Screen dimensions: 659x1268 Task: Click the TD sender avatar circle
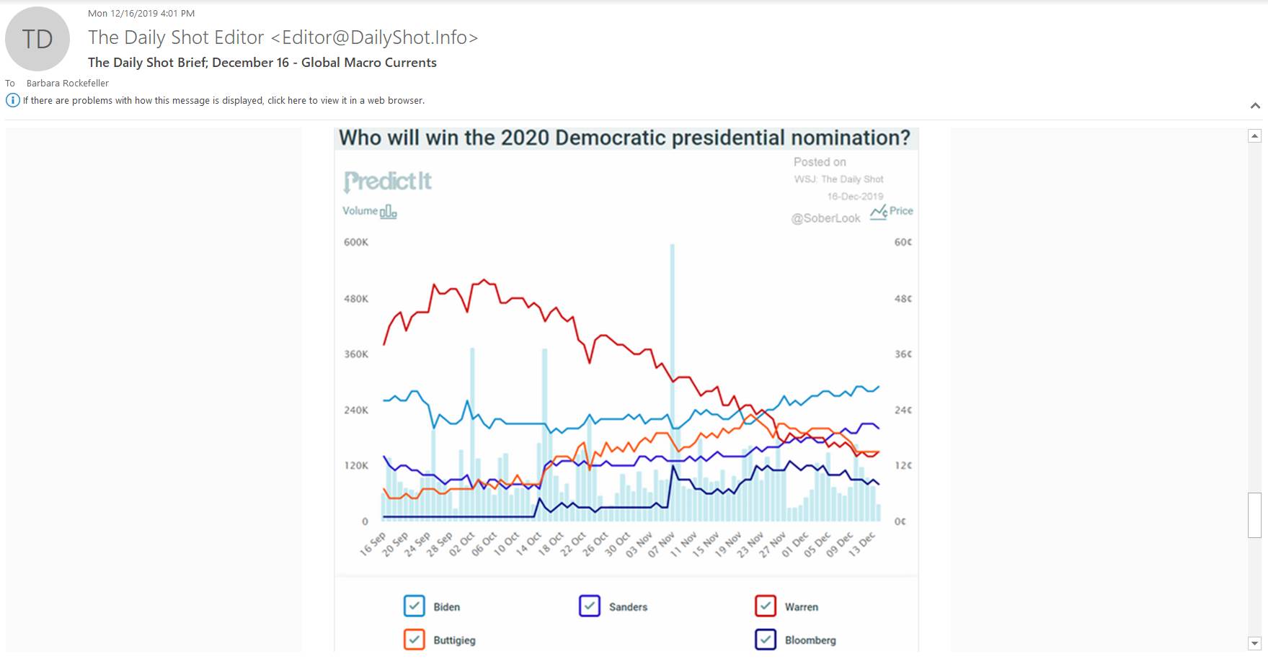37,39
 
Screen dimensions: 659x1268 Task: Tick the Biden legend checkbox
414,606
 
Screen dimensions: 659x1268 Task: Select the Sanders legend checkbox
590,606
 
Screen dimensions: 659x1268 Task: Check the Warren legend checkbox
766,606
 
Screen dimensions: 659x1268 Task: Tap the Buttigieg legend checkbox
414,640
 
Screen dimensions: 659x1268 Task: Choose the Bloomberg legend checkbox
766,640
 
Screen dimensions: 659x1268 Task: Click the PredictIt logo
388,181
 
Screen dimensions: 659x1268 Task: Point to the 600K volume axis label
356,242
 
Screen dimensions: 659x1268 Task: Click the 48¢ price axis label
903,298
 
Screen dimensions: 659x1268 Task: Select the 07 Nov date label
661,544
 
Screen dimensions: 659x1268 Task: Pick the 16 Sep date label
373,544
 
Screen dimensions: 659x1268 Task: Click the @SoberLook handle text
825,218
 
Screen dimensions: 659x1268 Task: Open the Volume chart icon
388,212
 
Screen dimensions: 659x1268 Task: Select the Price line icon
878,212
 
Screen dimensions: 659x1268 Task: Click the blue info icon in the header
12,100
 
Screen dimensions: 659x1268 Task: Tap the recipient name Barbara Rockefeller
68,83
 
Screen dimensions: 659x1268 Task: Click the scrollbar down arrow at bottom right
1254,643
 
